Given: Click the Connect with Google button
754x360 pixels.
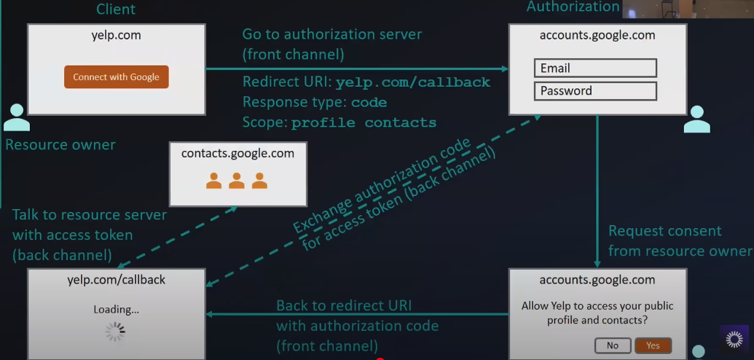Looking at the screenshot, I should (x=117, y=77).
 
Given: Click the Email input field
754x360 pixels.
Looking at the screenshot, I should (x=595, y=69).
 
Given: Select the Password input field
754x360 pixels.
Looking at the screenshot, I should (x=595, y=91).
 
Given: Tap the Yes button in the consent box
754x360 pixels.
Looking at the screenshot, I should (x=652, y=345).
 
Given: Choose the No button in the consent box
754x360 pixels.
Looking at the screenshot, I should (x=612, y=345).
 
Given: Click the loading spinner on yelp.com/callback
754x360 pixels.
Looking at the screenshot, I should (x=115, y=332).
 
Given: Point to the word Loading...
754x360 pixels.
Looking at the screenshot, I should (x=115, y=309).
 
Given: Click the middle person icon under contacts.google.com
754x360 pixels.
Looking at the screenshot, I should (x=237, y=181).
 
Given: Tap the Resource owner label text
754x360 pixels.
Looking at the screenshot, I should (x=60, y=144).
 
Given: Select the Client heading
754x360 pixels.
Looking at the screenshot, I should (x=116, y=9).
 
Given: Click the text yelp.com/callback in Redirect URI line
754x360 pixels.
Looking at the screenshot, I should (x=412, y=82).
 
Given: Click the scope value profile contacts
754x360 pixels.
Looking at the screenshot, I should (x=364, y=123).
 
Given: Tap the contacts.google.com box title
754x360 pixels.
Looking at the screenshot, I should (x=237, y=154).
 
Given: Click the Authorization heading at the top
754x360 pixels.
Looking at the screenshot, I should (x=573, y=7).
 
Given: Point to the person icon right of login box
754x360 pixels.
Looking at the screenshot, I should (x=696, y=119).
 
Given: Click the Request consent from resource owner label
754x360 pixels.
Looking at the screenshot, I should (x=679, y=241).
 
